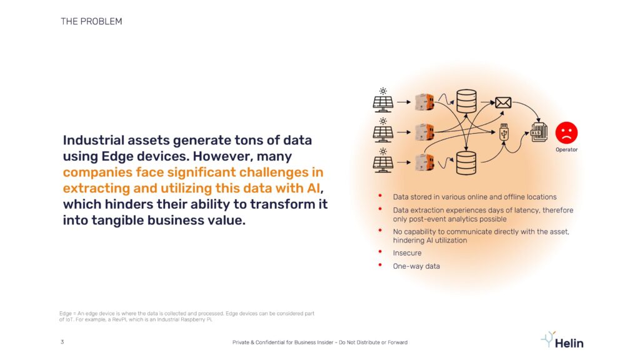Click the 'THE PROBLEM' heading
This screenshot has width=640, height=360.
[x=91, y=21]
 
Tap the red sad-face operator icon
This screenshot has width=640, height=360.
[x=566, y=132]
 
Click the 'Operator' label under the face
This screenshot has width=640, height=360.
[x=566, y=150]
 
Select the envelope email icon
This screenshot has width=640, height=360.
[x=503, y=102]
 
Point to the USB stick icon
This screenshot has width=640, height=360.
[x=504, y=132]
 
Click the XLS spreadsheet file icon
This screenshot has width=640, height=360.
[x=539, y=132]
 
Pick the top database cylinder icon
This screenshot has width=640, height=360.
[x=466, y=101]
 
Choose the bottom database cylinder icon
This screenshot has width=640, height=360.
[x=466, y=163]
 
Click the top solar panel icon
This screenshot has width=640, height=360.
[x=383, y=100]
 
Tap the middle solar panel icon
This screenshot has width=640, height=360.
[x=383, y=130]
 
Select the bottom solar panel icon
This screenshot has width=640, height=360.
[x=383, y=161]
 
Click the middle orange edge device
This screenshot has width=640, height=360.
[x=424, y=132]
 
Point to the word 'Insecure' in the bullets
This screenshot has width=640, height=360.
[x=407, y=253]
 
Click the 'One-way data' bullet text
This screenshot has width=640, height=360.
[x=416, y=266]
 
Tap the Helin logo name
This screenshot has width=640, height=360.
[x=569, y=343]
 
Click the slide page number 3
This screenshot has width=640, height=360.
[x=62, y=342]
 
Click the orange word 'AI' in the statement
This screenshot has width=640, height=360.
[x=313, y=188]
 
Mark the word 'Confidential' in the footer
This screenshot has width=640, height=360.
[x=269, y=342]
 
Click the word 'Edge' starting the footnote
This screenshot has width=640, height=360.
[x=65, y=314]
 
